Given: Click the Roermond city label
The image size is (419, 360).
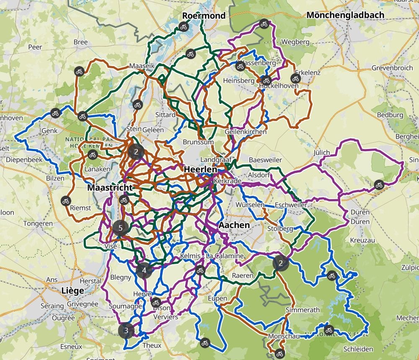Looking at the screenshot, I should click(204, 16).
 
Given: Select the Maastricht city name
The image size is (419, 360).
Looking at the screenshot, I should click(110, 188).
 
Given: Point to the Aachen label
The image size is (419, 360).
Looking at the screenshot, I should click(234, 225).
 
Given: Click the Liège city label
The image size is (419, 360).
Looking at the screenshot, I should click(72, 290).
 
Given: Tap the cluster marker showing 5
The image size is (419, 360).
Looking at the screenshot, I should click(121, 228).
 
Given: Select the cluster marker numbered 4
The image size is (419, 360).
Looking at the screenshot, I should click(144, 270).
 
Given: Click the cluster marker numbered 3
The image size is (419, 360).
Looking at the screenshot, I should click(126, 331).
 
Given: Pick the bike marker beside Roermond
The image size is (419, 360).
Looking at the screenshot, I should click(183, 27).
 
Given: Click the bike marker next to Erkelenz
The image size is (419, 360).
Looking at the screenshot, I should click(295, 78).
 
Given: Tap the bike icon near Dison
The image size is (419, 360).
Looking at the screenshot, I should click(156, 302).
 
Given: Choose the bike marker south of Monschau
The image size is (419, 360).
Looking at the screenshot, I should click(279, 353).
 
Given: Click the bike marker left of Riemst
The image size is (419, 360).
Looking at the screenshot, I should click(65, 201).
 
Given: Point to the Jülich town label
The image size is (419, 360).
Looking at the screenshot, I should click(321, 153).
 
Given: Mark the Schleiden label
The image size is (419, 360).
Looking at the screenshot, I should click(357, 349).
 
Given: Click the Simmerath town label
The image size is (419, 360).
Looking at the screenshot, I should click(302, 310).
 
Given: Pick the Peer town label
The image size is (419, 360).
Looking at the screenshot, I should click(35, 47).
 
